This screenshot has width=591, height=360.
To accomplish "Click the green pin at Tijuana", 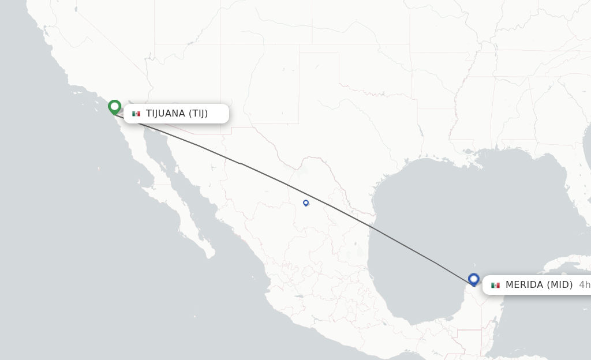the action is [114, 107].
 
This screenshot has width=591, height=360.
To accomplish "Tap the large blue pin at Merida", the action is [474, 279].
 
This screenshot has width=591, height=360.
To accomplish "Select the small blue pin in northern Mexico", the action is [306, 202].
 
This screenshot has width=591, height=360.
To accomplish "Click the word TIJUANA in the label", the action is [165, 114].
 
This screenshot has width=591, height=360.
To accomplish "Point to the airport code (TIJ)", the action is [198, 114].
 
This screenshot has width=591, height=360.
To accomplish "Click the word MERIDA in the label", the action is [524, 284].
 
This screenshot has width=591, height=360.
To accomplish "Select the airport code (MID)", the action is [560, 284].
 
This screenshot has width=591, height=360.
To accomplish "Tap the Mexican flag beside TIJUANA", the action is [136, 114].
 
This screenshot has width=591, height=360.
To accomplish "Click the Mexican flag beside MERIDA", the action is [495, 285].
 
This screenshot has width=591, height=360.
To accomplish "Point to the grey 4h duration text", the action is [584, 284].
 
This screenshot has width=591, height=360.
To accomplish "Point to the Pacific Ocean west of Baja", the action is [87, 202].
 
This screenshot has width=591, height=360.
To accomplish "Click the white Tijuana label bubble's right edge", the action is [227, 114].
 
